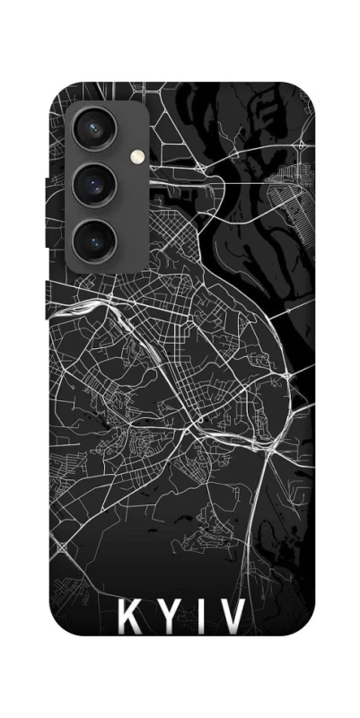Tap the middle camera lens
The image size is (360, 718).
(92, 186)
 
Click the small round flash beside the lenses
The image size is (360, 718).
(137, 155)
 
